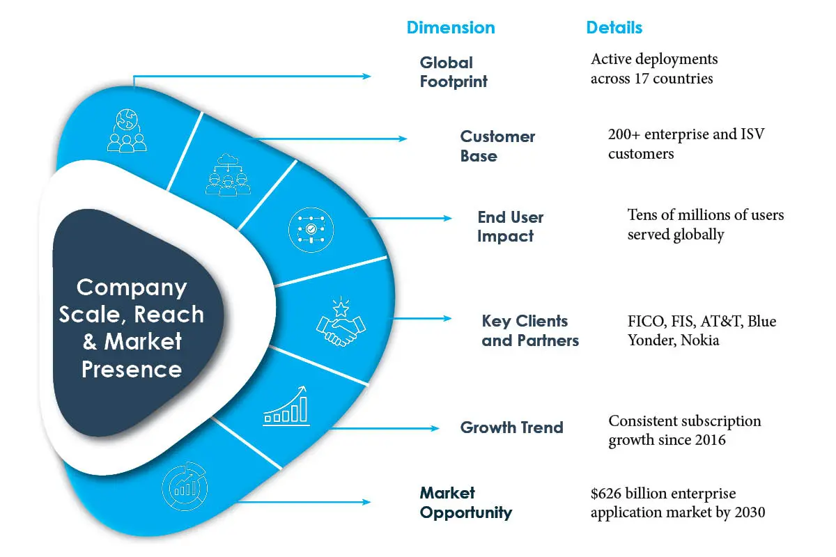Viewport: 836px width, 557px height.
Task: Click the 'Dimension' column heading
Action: pos(451,28)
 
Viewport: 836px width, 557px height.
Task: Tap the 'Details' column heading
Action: pos(614,28)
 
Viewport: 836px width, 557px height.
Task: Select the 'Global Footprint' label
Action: pos(454,72)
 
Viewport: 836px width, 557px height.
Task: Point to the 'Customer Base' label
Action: pos(497,146)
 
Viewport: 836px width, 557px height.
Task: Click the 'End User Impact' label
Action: pos(510,226)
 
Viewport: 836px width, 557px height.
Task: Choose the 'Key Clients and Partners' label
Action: pos(530,331)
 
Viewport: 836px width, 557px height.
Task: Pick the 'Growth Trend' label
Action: pos(511,427)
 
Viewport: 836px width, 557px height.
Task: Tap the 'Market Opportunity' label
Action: pos(466,503)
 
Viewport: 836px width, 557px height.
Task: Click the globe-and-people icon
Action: pos(127,131)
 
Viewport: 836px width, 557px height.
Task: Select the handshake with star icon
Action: pos(341,322)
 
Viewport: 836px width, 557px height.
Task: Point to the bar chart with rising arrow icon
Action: pos(286,406)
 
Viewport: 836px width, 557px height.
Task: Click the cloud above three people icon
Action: pos(228,175)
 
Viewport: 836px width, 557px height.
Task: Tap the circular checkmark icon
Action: pos(311,230)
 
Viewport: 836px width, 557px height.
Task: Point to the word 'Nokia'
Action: pos(699,340)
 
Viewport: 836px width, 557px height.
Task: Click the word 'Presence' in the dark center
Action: pos(132,370)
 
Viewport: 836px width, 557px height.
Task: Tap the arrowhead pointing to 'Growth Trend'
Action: pos(435,428)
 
